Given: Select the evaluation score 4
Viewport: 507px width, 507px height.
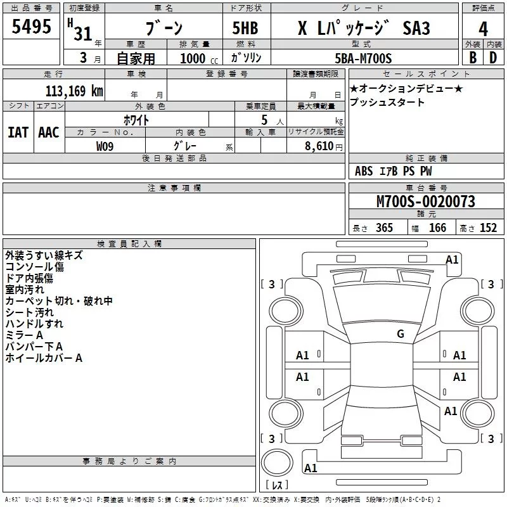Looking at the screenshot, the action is (484, 29).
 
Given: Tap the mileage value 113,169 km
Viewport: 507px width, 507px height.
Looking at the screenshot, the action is (74, 91).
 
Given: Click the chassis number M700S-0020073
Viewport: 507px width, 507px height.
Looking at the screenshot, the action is (426, 202).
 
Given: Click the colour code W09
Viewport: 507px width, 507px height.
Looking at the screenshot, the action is (105, 146).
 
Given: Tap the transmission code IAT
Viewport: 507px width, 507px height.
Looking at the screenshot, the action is (18, 132).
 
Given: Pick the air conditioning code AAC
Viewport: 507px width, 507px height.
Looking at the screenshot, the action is (48, 132).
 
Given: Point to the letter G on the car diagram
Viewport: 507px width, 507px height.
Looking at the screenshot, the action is (401, 334).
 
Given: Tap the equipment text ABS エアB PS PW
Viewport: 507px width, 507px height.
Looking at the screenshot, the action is (393, 171).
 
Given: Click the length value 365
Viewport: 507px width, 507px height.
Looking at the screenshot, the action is (383, 228).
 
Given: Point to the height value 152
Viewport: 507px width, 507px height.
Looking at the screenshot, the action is (488, 228).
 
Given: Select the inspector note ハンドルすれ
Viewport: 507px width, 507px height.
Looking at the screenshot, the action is (34, 324).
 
